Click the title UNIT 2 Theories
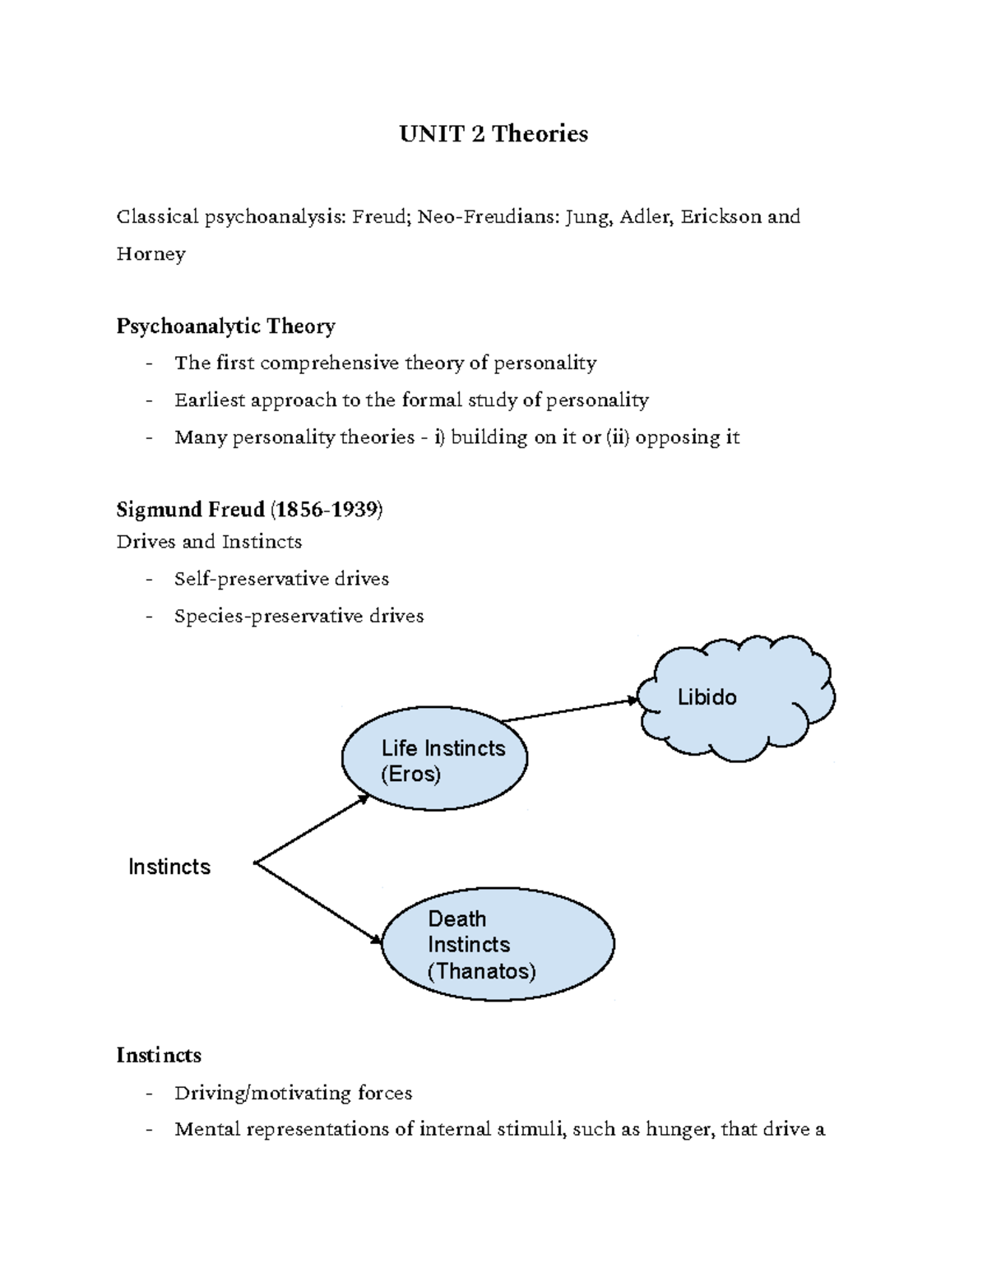click(x=493, y=134)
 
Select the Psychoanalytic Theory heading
click(x=225, y=326)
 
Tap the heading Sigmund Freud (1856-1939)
click(x=249, y=510)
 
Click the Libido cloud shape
click(x=736, y=698)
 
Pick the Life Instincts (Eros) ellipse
click(x=434, y=761)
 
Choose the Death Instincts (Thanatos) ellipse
click(x=498, y=945)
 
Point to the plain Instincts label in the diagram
click(x=169, y=867)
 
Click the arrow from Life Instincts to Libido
click(x=570, y=710)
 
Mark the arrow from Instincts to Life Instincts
click(x=313, y=829)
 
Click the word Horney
click(x=151, y=254)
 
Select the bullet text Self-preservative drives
click(x=281, y=579)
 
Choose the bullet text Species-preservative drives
click(x=299, y=616)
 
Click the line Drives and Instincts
click(x=209, y=542)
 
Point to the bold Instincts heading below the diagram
click(x=159, y=1055)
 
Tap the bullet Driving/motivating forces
click(x=293, y=1093)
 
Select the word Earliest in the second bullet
click(x=210, y=400)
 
